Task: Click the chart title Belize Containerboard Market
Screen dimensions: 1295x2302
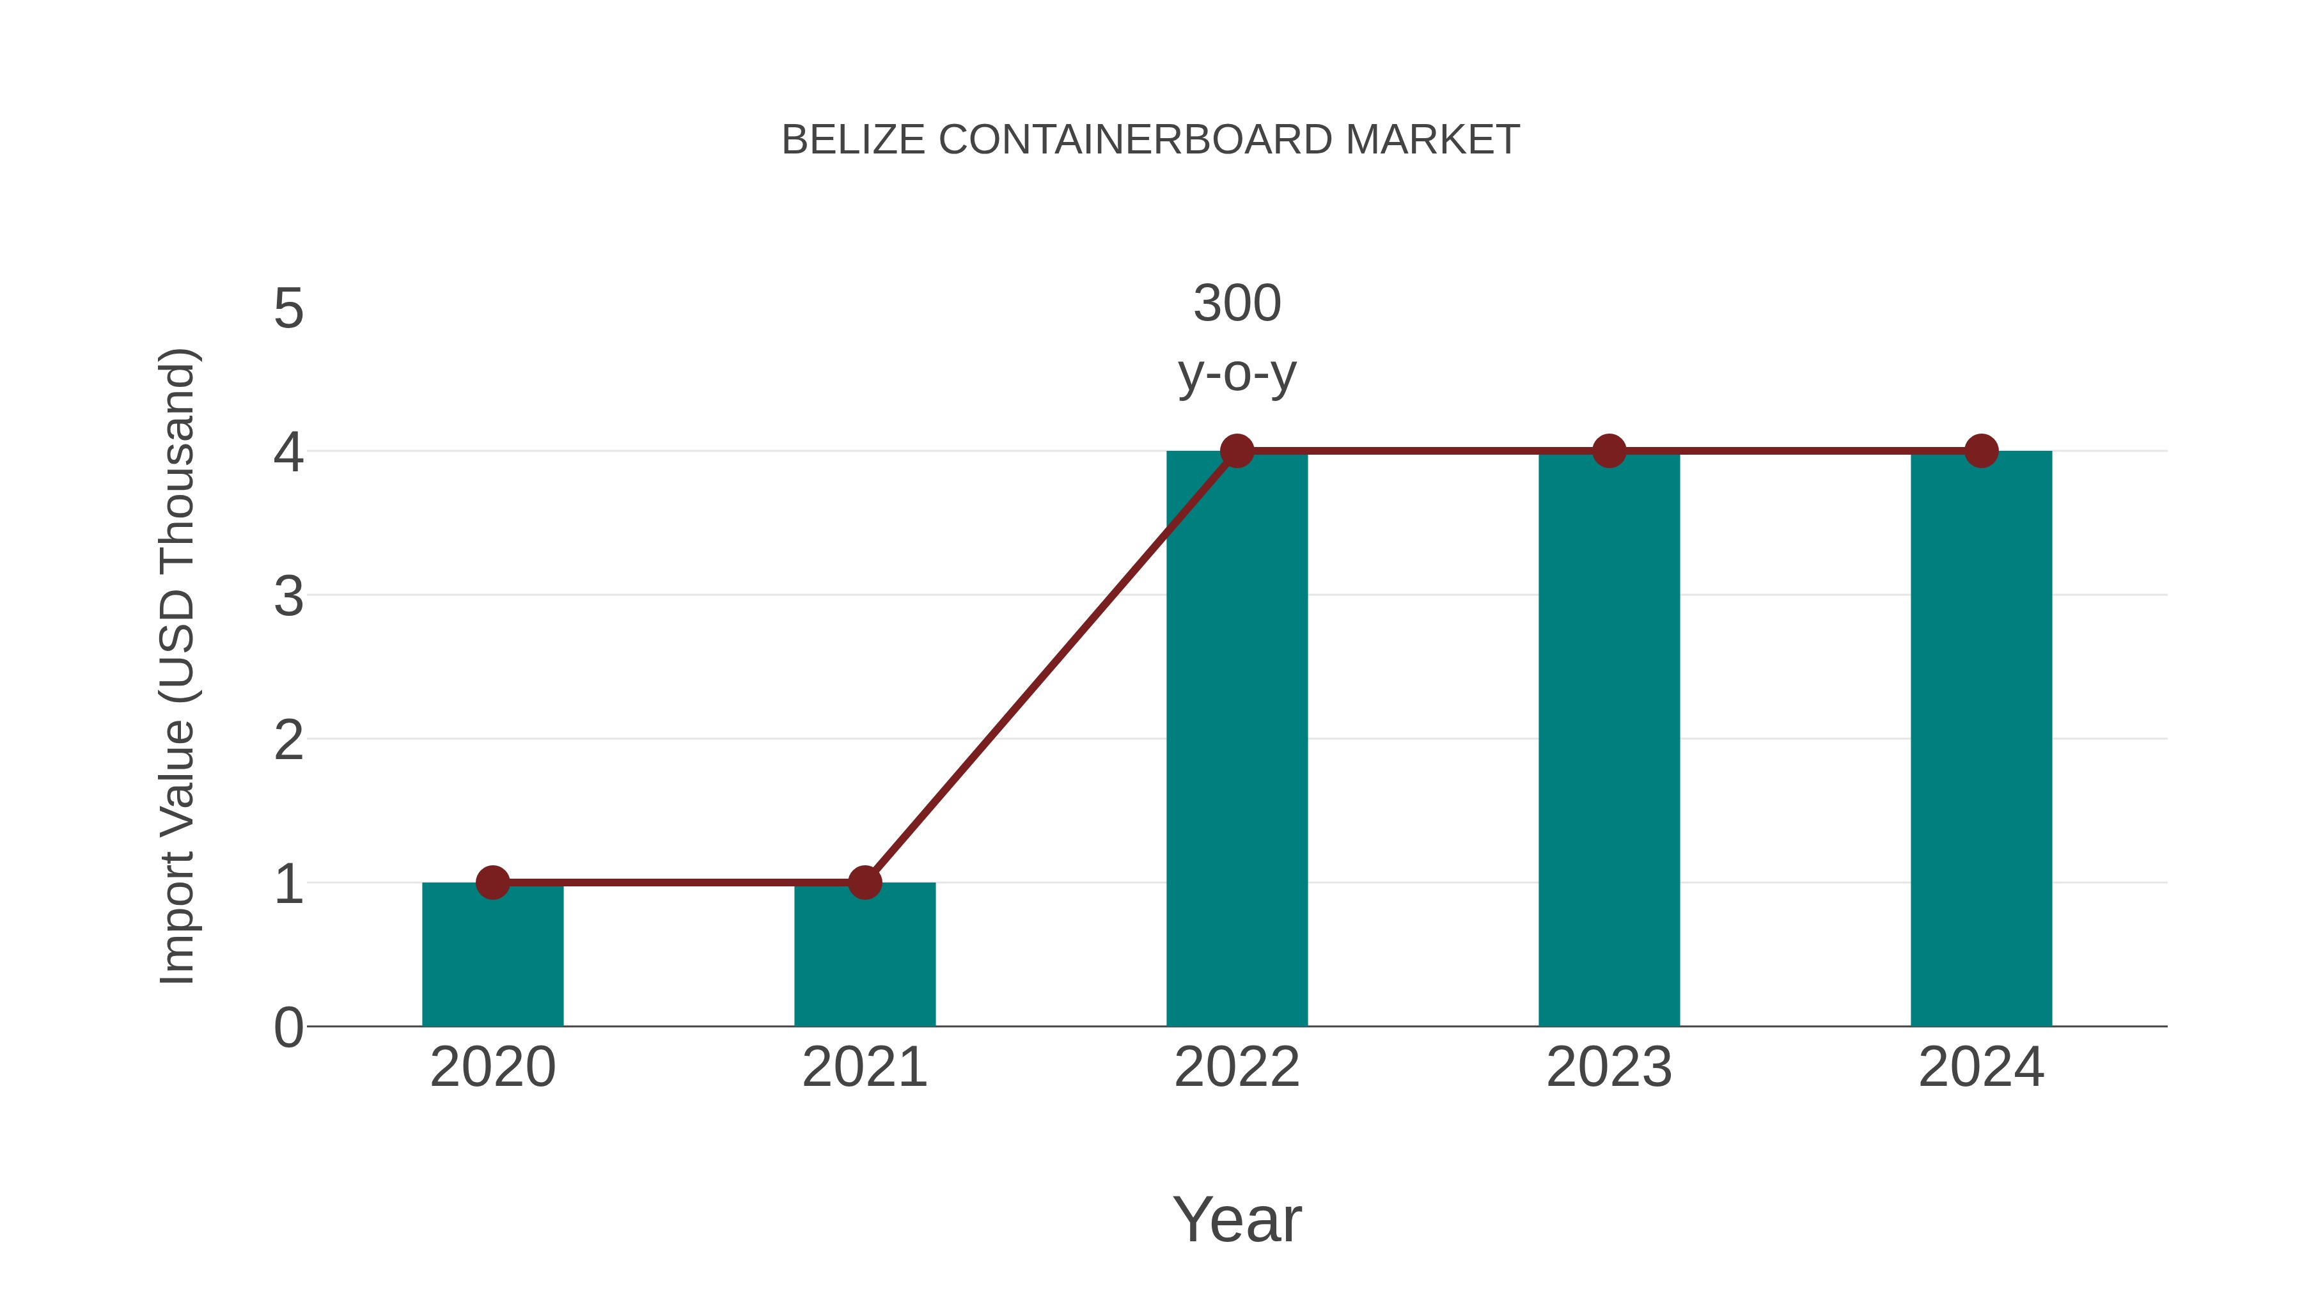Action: [1150, 140]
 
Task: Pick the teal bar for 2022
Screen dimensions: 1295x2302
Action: [1237, 742]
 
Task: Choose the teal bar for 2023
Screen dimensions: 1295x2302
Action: [1609, 742]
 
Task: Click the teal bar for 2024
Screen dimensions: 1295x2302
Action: [1981, 742]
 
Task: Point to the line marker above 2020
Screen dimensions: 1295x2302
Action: [492, 883]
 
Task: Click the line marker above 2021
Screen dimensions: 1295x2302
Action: [864, 883]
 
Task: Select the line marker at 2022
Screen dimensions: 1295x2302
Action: [1237, 451]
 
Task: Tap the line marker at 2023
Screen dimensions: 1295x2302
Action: [1609, 451]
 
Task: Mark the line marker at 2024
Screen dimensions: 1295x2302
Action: [1981, 451]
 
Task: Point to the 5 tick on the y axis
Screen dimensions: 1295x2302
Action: [288, 310]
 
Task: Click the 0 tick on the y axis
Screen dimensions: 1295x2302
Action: [288, 1028]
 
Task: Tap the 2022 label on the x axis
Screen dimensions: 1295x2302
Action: [1237, 1067]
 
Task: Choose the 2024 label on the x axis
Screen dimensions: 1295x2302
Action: [1981, 1067]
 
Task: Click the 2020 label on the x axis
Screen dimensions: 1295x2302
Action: [492, 1067]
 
